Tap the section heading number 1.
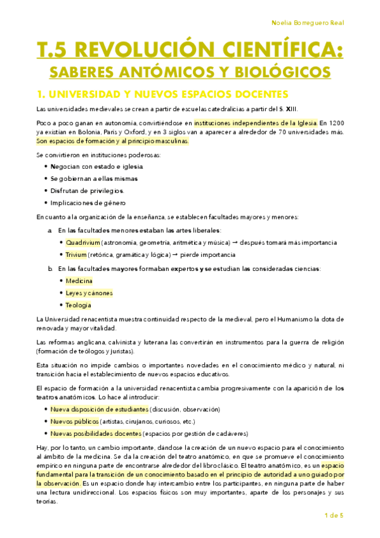point(41,95)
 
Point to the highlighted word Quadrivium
point(79,242)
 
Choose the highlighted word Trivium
point(75,254)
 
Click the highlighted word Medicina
point(79,280)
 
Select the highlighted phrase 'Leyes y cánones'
point(89,292)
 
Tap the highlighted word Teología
point(78,305)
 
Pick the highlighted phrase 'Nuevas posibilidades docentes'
point(96,433)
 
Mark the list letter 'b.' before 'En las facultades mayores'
point(50,268)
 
